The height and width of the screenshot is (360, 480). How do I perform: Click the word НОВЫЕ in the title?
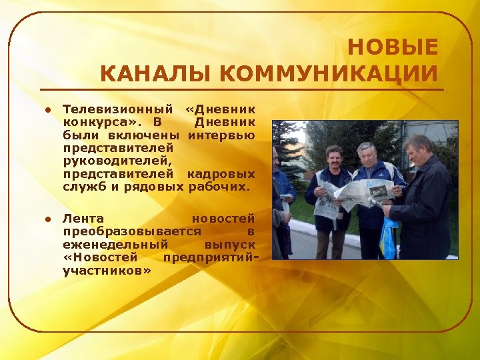point(393,48)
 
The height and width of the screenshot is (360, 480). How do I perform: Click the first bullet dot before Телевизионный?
point(48,109)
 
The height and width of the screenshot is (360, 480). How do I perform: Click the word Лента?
point(83,219)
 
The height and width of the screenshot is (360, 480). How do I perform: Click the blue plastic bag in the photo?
point(388,241)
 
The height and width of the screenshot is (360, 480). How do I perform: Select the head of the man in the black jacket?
point(419,148)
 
